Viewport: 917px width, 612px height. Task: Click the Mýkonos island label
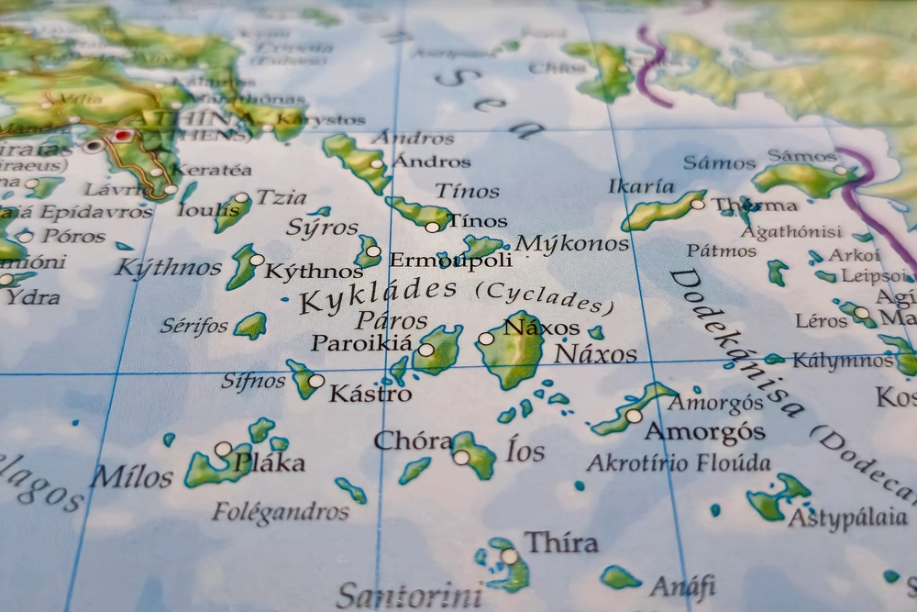tap(572, 244)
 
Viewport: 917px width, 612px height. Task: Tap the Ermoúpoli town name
tap(450, 261)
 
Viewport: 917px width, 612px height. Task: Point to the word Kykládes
tap(379, 295)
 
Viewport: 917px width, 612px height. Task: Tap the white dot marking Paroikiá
tap(425, 350)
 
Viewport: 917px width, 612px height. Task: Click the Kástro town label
tap(370, 395)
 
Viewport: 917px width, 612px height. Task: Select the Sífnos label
tap(253, 381)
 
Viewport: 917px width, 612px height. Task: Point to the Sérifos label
tap(193, 325)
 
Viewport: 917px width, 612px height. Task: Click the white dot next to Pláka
tap(223, 449)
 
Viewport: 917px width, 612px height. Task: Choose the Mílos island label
tap(131, 477)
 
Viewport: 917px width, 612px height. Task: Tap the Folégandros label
tap(281, 511)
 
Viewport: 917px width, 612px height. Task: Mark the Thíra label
tap(560, 542)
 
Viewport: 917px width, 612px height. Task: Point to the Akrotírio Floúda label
tap(678, 462)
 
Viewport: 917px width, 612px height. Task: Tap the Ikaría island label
tap(641, 186)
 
